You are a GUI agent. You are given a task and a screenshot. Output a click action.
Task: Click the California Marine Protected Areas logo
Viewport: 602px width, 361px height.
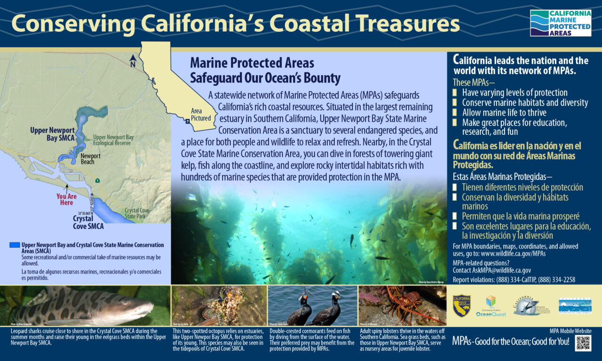click(x=560, y=23)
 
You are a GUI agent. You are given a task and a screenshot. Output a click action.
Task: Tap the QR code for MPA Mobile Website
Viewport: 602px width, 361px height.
click(x=583, y=343)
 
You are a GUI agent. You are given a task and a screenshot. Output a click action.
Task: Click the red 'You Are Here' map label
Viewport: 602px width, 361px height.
click(x=66, y=199)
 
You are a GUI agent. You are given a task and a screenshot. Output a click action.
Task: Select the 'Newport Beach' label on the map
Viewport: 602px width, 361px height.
click(x=87, y=159)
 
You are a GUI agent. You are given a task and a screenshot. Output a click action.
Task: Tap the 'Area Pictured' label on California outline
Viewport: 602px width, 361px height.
click(x=201, y=115)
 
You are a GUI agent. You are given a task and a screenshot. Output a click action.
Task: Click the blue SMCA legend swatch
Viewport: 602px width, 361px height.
click(x=15, y=245)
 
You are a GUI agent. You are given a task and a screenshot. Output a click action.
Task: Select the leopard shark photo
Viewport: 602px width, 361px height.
click(x=85, y=306)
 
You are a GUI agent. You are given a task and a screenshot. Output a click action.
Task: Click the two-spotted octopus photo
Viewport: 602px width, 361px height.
click(x=219, y=306)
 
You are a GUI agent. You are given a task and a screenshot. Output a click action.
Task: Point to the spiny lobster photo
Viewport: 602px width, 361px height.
click(x=402, y=306)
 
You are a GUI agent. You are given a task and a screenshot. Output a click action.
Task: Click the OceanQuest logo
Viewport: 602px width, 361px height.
click(x=491, y=306)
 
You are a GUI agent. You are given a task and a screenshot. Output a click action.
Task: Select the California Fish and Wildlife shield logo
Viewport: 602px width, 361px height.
click(x=461, y=306)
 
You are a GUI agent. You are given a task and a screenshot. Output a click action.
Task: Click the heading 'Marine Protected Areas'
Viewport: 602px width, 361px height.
click(x=252, y=63)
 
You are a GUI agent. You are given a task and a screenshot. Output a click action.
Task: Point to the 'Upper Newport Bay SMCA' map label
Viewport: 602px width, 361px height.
click(x=52, y=133)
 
